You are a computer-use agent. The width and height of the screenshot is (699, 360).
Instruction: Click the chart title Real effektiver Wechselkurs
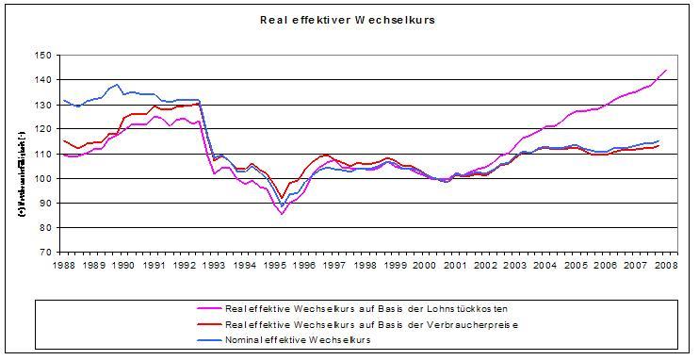350,18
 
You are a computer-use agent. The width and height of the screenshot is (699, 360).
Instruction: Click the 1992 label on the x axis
184,267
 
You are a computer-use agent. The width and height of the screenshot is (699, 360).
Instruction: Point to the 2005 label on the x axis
577,267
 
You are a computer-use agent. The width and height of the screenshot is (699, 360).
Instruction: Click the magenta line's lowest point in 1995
281,214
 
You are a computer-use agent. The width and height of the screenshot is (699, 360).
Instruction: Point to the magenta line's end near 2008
666,70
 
